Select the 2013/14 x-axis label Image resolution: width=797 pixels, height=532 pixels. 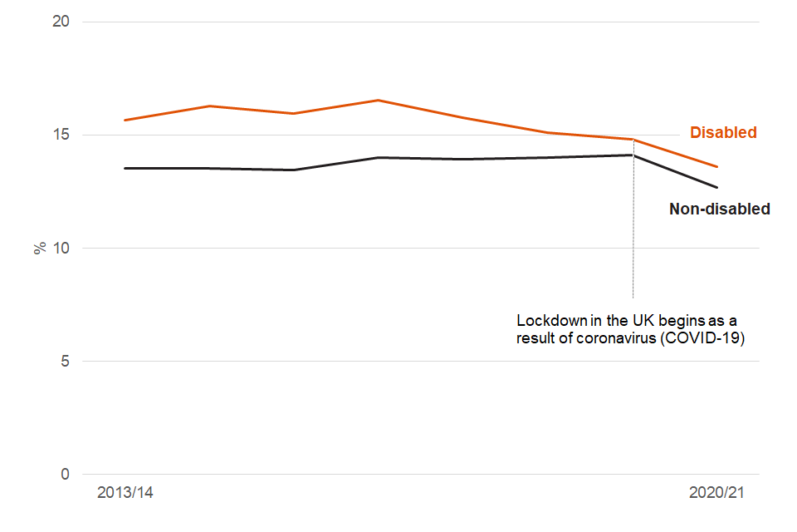(x=125, y=493)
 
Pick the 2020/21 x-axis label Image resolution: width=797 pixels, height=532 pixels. (x=717, y=493)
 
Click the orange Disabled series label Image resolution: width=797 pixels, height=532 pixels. (x=723, y=132)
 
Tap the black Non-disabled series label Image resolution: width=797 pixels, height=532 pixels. (x=719, y=209)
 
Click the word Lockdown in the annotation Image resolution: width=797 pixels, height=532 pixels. (x=550, y=320)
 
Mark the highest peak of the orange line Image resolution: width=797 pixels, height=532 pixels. (x=379, y=101)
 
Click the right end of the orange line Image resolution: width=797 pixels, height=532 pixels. (x=717, y=167)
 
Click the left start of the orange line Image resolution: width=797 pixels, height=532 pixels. (x=125, y=121)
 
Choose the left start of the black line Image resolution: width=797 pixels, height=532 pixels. (x=125, y=168)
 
